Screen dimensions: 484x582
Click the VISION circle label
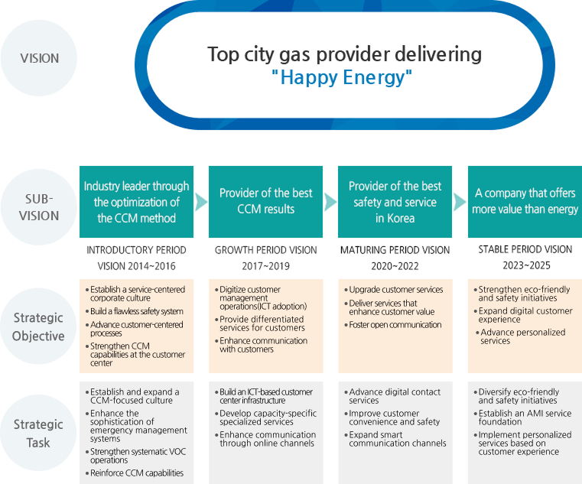[39, 58]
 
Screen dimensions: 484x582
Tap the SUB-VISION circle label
[39, 206]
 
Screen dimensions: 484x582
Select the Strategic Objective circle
[39, 326]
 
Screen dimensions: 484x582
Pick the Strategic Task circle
[39, 433]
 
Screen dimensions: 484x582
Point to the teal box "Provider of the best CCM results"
[265, 201]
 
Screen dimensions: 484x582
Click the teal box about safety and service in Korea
[395, 202]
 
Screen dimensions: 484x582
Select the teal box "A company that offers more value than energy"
[525, 201]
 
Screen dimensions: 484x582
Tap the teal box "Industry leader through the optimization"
[136, 202]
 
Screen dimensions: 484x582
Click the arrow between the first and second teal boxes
[201, 202]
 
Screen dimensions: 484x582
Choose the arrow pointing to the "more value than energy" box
[460, 202]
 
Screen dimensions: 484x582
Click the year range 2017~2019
[265, 265]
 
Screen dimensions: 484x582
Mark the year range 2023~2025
[525, 265]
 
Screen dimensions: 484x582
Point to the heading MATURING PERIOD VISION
[395, 250]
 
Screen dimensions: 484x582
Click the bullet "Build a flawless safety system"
[137, 311]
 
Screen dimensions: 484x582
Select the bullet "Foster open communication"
[395, 325]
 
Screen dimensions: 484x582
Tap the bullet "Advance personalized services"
[522, 336]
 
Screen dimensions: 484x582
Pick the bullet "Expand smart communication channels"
[398, 439]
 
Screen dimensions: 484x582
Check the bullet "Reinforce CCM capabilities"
[137, 473]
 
